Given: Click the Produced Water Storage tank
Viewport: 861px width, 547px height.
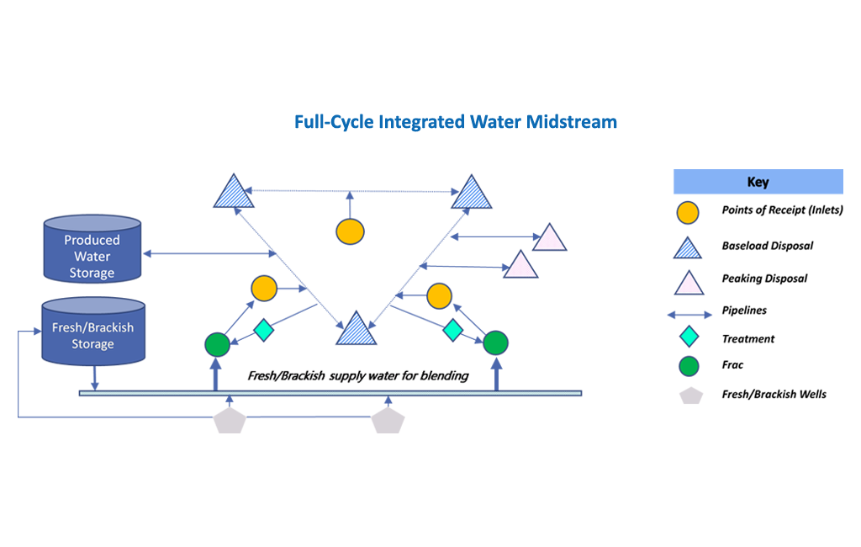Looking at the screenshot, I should click(x=92, y=250).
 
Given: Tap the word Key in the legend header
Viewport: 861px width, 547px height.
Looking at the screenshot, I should click(x=758, y=182).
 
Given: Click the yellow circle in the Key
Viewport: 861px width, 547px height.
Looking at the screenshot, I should click(x=688, y=213).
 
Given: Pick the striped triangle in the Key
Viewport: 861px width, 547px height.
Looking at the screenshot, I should click(x=688, y=248).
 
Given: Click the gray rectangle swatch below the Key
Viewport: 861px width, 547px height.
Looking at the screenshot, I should click(x=695, y=396).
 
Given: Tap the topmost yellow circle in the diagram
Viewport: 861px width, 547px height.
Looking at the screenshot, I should click(x=350, y=231).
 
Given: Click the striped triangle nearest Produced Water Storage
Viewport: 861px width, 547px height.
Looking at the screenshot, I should click(x=231, y=194).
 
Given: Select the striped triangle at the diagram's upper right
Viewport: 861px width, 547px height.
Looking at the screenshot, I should click(x=472, y=194).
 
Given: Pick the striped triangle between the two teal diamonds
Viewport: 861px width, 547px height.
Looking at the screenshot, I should click(x=356, y=330).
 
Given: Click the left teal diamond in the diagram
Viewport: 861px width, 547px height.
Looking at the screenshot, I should click(x=263, y=330).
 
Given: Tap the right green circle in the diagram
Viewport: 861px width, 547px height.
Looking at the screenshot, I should click(x=495, y=343).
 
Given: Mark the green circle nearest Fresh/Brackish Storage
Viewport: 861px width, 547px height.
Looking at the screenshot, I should click(x=218, y=344).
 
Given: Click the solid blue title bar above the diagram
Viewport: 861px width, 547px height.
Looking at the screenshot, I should click(x=456, y=123).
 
